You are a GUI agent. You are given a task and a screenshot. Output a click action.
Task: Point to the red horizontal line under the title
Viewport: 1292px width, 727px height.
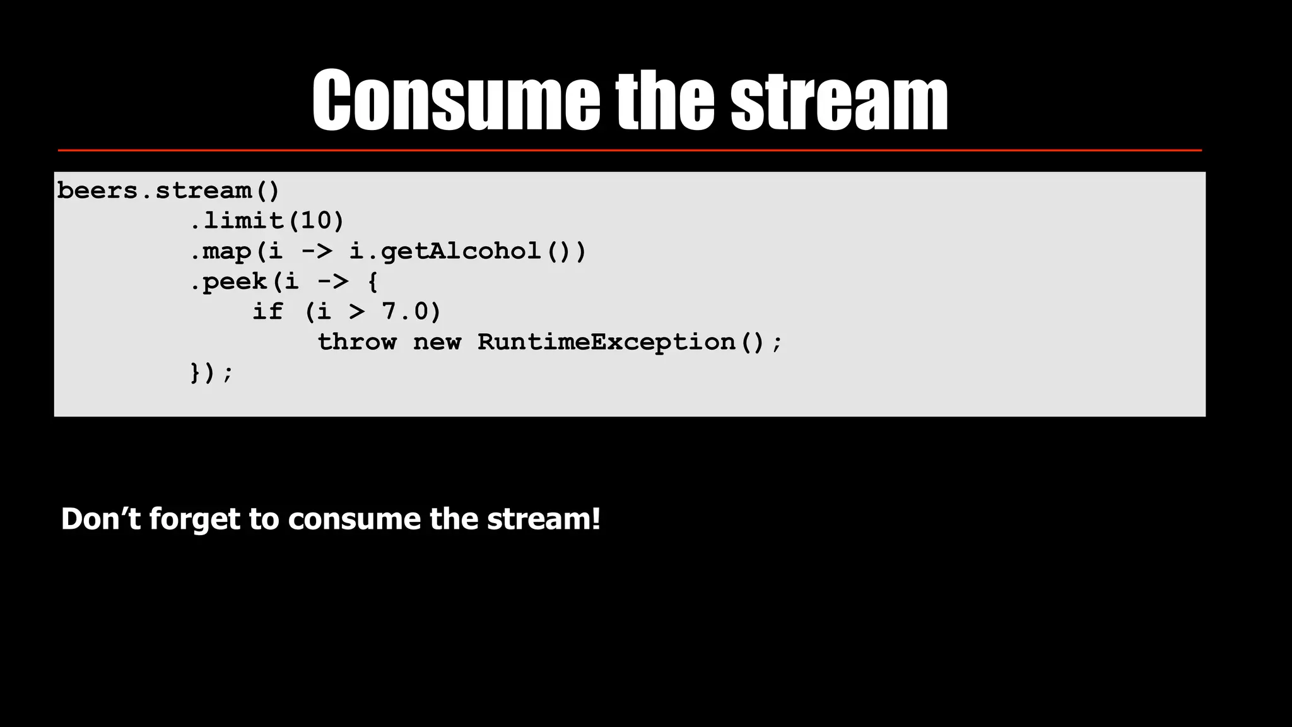coord(630,150)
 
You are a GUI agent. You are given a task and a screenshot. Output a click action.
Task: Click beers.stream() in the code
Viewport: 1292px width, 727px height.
coord(168,191)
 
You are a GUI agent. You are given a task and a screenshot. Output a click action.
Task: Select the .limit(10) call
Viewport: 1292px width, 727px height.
coord(267,221)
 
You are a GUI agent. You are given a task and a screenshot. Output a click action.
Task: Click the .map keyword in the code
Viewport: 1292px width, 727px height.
coord(221,251)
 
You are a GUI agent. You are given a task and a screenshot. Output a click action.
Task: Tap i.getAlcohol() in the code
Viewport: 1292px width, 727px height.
coord(467,251)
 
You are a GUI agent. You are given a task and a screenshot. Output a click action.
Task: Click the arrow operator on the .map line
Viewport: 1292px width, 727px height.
coord(315,251)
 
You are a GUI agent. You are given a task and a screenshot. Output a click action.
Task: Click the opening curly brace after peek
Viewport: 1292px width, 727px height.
coord(372,281)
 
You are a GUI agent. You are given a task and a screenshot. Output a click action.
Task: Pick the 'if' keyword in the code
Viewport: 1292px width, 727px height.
coord(267,312)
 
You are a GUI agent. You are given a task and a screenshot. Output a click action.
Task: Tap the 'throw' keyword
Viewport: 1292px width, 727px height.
coord(356,342)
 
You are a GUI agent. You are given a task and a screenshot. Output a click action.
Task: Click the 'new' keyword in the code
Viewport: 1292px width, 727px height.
coord(437,342)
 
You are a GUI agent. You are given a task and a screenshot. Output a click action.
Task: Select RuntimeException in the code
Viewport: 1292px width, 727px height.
coord(606,342)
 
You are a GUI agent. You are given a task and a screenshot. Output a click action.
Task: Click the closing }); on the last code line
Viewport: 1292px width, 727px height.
coord(211,372)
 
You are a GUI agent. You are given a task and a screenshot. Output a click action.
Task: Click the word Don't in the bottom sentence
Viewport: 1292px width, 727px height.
coord(100,519)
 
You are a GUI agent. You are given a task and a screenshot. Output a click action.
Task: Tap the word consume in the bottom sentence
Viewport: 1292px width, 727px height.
coord(354,519)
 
